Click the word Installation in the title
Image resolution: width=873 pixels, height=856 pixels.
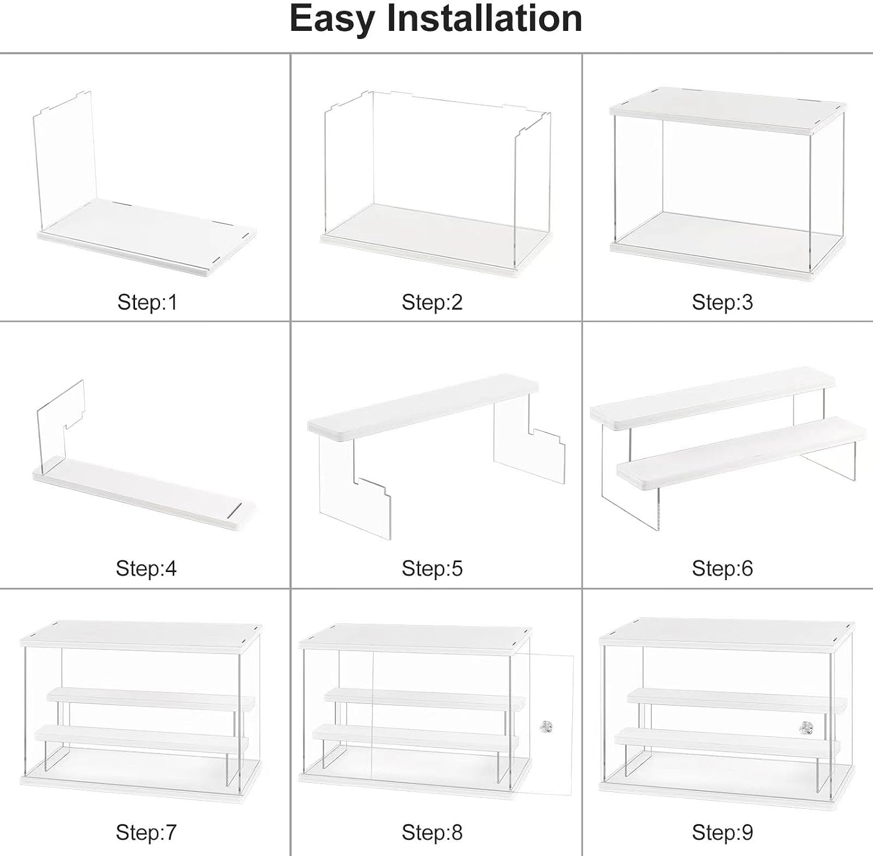tap(484, 18)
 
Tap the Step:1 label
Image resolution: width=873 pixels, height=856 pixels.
tap(147, 302)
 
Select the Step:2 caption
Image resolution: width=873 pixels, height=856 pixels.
tap(432, 302)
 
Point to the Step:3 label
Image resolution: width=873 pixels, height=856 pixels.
tap(722, 302)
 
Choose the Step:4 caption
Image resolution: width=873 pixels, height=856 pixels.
tap(146, 568)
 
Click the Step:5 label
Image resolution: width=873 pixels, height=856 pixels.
tap(432, 568)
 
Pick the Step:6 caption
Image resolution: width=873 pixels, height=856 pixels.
tap(722, 568)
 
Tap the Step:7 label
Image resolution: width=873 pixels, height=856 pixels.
tap(146, 832)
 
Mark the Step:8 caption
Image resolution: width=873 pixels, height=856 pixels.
tap(432, 832)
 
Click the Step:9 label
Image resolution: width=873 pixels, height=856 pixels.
tap(722, 832)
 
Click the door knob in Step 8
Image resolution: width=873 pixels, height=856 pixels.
tap(545, 727)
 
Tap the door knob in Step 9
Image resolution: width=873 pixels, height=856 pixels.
tap(805, 727)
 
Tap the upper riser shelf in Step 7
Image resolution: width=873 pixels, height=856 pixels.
tap(150, 697)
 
